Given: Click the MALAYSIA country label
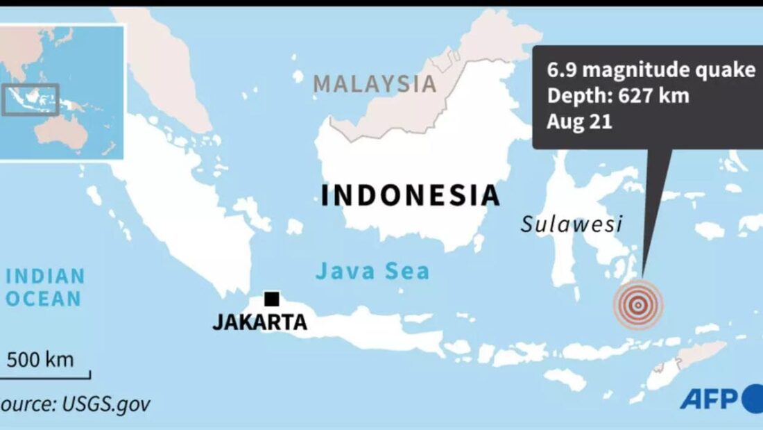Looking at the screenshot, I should click(375, 83).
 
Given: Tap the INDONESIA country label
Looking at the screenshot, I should click(409, 195).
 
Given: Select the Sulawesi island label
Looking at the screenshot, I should click(572, 224).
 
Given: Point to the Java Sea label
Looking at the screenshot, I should click(372, 270).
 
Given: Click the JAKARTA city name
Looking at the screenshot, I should click(259, 322).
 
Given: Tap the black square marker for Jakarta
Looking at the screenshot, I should click(272, 299).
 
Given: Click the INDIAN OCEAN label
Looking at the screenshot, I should click(44, 287).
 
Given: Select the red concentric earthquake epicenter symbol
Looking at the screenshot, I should click(637, 304).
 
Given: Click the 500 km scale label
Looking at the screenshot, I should click(40, 360).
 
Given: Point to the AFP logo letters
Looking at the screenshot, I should click(710, 399).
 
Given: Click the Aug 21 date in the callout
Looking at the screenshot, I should click(569, 121).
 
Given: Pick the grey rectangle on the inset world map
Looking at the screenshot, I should click(31, 99).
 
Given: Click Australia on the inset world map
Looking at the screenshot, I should click(66, 132).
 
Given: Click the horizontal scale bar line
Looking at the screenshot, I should click(45, 378).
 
